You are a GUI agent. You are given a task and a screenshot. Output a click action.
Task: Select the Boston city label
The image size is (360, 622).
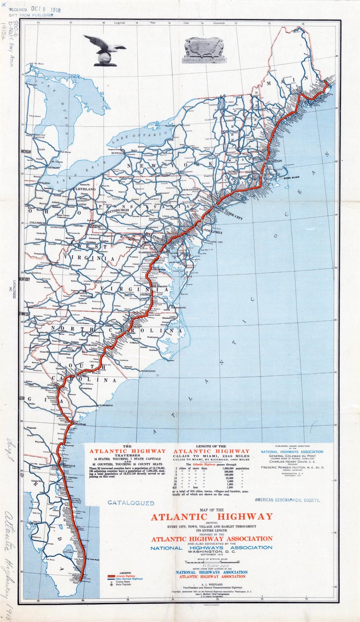click(x=275, y=161)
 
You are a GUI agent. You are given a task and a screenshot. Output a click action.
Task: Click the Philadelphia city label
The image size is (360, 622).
click(x=209, y=232)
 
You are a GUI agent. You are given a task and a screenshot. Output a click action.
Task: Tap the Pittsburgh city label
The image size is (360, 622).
click(x=119, y=210)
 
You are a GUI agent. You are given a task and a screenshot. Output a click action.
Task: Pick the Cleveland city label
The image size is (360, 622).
click(x=84, y=189)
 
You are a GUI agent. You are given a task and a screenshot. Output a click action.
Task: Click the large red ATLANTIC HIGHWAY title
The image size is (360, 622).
click(x=211, y=517)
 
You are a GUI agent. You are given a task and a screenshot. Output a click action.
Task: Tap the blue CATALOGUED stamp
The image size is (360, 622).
click(x=131, y=503)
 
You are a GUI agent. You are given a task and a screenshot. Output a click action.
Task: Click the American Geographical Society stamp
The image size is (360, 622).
click(x=287, y=500)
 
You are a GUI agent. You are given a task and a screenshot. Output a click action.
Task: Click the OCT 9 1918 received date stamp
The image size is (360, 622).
click(x=46, y=9)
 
